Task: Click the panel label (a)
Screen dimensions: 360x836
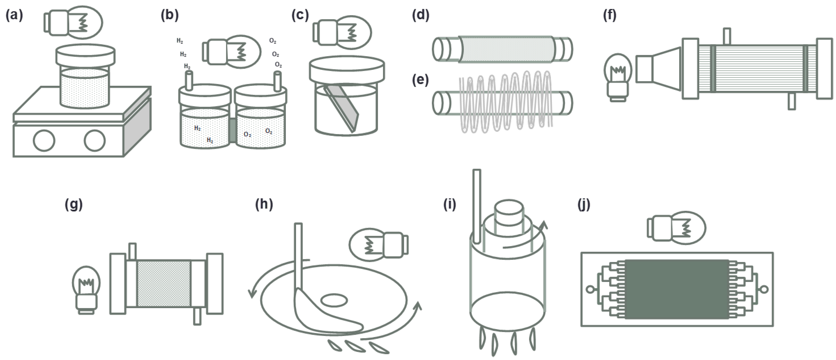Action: click(x=14, y=15)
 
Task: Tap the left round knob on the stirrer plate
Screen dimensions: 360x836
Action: click(x=44, y=141)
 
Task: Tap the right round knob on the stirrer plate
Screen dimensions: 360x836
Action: click(x=94, y=141)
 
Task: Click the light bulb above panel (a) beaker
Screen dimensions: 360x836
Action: click(x=74, y=23)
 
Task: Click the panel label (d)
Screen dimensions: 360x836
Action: click(x=421, y=15)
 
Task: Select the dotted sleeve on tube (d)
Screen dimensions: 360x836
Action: click(x=507, y=49)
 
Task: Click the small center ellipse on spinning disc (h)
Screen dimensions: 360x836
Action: click(x=334, y=300)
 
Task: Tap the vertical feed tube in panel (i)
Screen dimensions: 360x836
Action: click(x=477, y=206)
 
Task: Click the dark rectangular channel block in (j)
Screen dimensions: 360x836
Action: click(x=677, y=289)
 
